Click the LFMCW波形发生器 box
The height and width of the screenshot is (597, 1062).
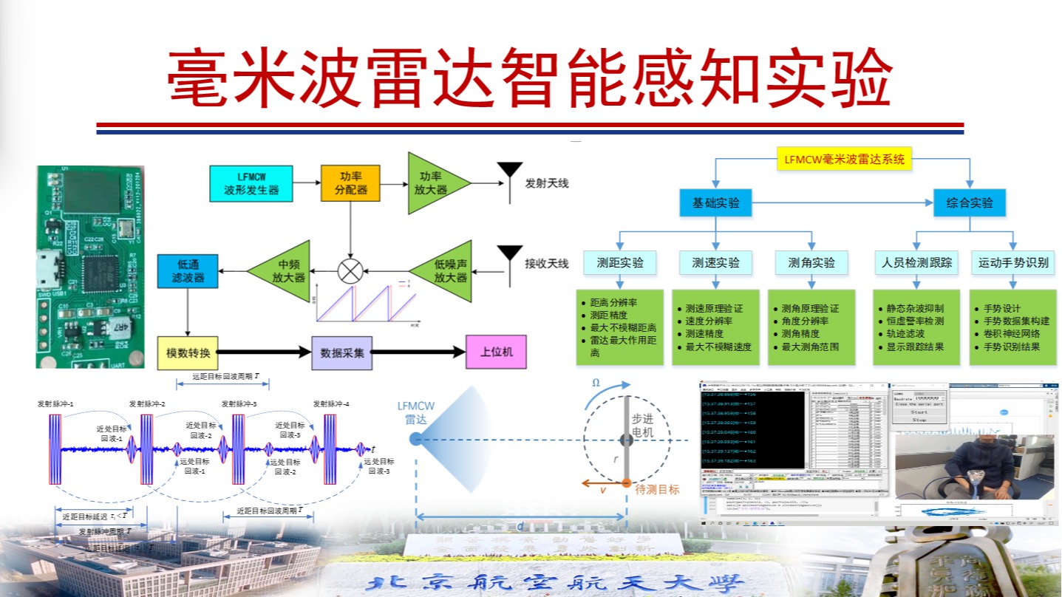(x=251, y=183)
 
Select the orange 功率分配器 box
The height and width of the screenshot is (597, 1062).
(x=350, y=183)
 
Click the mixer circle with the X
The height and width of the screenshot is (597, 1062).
(x=350, y=271)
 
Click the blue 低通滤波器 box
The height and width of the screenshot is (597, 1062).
(x=188, y=271)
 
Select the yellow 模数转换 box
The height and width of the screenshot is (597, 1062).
(x=188, y=352)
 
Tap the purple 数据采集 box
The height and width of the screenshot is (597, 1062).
(x=342, y=352)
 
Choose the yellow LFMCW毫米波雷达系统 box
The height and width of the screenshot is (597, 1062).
(x=845, y=158)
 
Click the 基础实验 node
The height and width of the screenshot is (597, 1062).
(x=715, y=202)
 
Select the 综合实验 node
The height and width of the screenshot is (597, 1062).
(x=970, y=202)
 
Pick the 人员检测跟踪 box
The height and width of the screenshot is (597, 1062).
(x=916, y=262)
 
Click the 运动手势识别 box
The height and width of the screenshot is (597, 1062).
(x=1013, y=262)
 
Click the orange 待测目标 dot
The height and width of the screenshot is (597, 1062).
(x=626, y=483)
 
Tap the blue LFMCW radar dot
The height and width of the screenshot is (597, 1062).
(x=415, y=439)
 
